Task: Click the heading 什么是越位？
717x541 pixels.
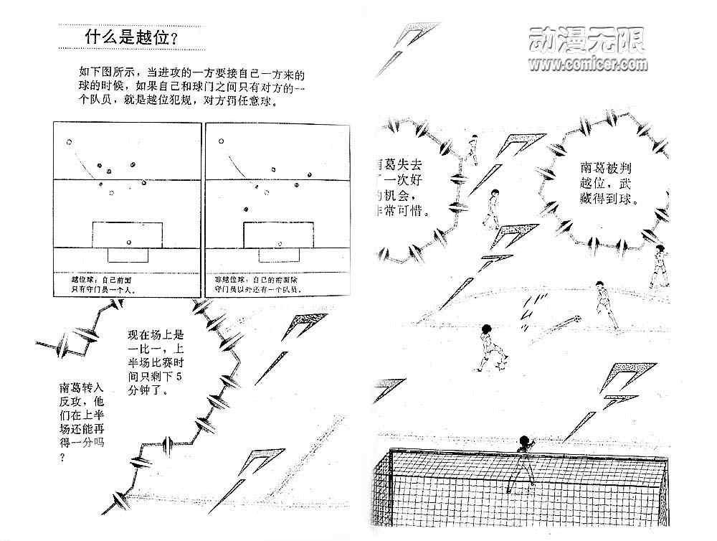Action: point(130,37)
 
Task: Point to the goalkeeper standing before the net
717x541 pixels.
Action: point(524,459)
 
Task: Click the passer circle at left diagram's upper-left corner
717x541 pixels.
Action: point(69,141)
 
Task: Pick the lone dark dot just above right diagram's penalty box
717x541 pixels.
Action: point(245,209)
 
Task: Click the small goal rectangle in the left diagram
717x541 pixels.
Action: point(127,255)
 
